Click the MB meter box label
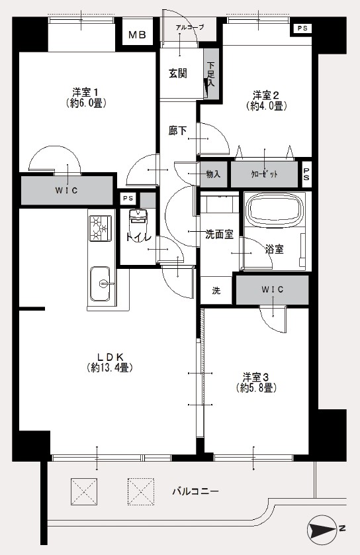coord(137,34)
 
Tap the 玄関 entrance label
coord(177,74)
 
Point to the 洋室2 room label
coord(266,95)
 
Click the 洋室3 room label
coord(256,376)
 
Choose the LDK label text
coord(110,356)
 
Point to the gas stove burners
coord(100,229)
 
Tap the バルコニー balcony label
coord(196,491)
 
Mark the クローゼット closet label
coord(264,174)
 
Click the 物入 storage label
coord(213,174)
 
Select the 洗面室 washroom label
coord(219,234)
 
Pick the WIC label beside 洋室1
coord(66,191)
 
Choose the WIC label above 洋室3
coord(272,289)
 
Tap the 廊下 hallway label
coord(177,130)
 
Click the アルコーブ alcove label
coord(190,27)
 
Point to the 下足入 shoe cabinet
coord(210,74)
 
